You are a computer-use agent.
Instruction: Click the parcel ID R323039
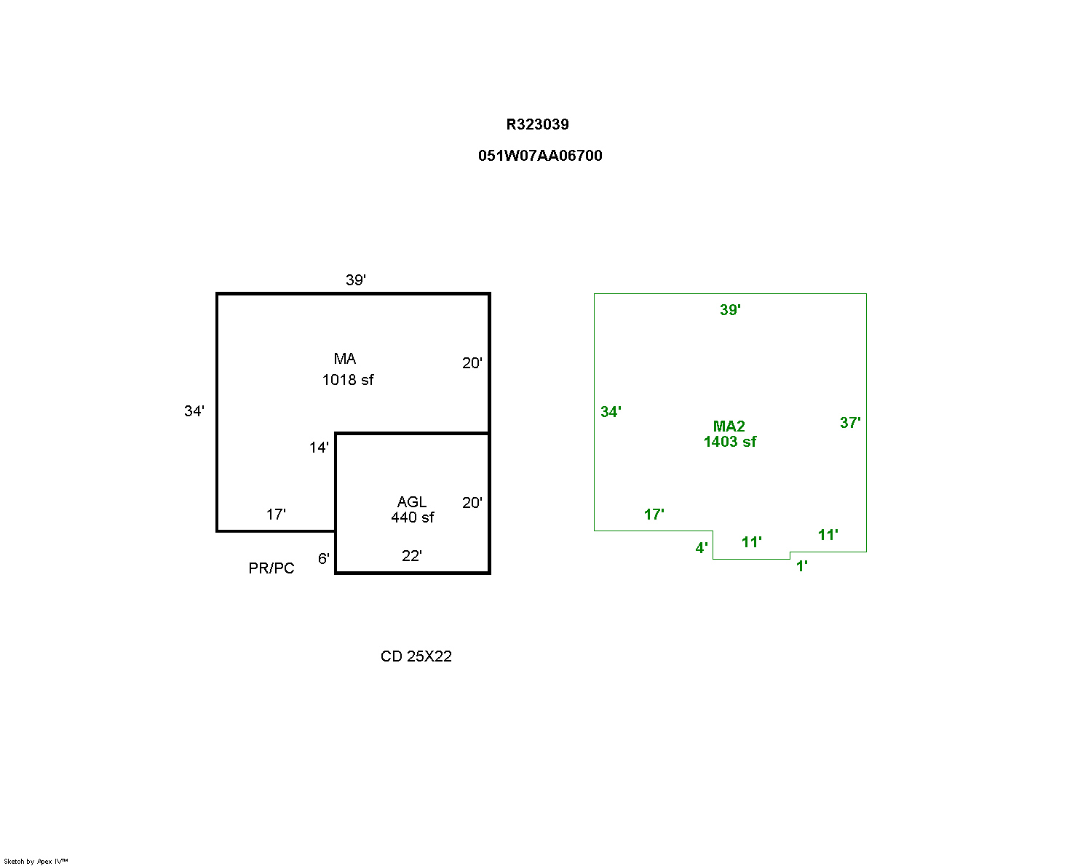pos(537,124)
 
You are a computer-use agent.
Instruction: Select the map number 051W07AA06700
pos(540,156)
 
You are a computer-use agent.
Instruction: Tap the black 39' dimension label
pos(355,280)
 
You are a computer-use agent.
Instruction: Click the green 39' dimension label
pos(730,310)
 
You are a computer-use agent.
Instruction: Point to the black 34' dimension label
pos(194,412)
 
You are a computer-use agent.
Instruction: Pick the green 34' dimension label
pos(611,412)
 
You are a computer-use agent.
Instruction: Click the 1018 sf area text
pos(348,380)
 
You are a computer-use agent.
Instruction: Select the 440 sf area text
pos(412,517)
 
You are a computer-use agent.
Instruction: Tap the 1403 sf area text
pos(729,442)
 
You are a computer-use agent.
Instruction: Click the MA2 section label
pos(729,426)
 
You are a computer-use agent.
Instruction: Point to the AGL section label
pos(412,502)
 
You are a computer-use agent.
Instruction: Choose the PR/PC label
pos(271,568)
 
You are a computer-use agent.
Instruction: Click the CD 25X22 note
pos(416,656)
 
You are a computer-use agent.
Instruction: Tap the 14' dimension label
pos(319,448)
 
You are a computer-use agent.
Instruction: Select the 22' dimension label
pos(411,556)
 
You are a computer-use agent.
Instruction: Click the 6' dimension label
pos(323,559)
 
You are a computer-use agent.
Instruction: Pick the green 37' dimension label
pos(850,423)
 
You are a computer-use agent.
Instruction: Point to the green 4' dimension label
pos(701,548)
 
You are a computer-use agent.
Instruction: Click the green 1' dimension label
pos(801,566)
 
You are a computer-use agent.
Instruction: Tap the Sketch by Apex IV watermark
pos(36,861)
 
